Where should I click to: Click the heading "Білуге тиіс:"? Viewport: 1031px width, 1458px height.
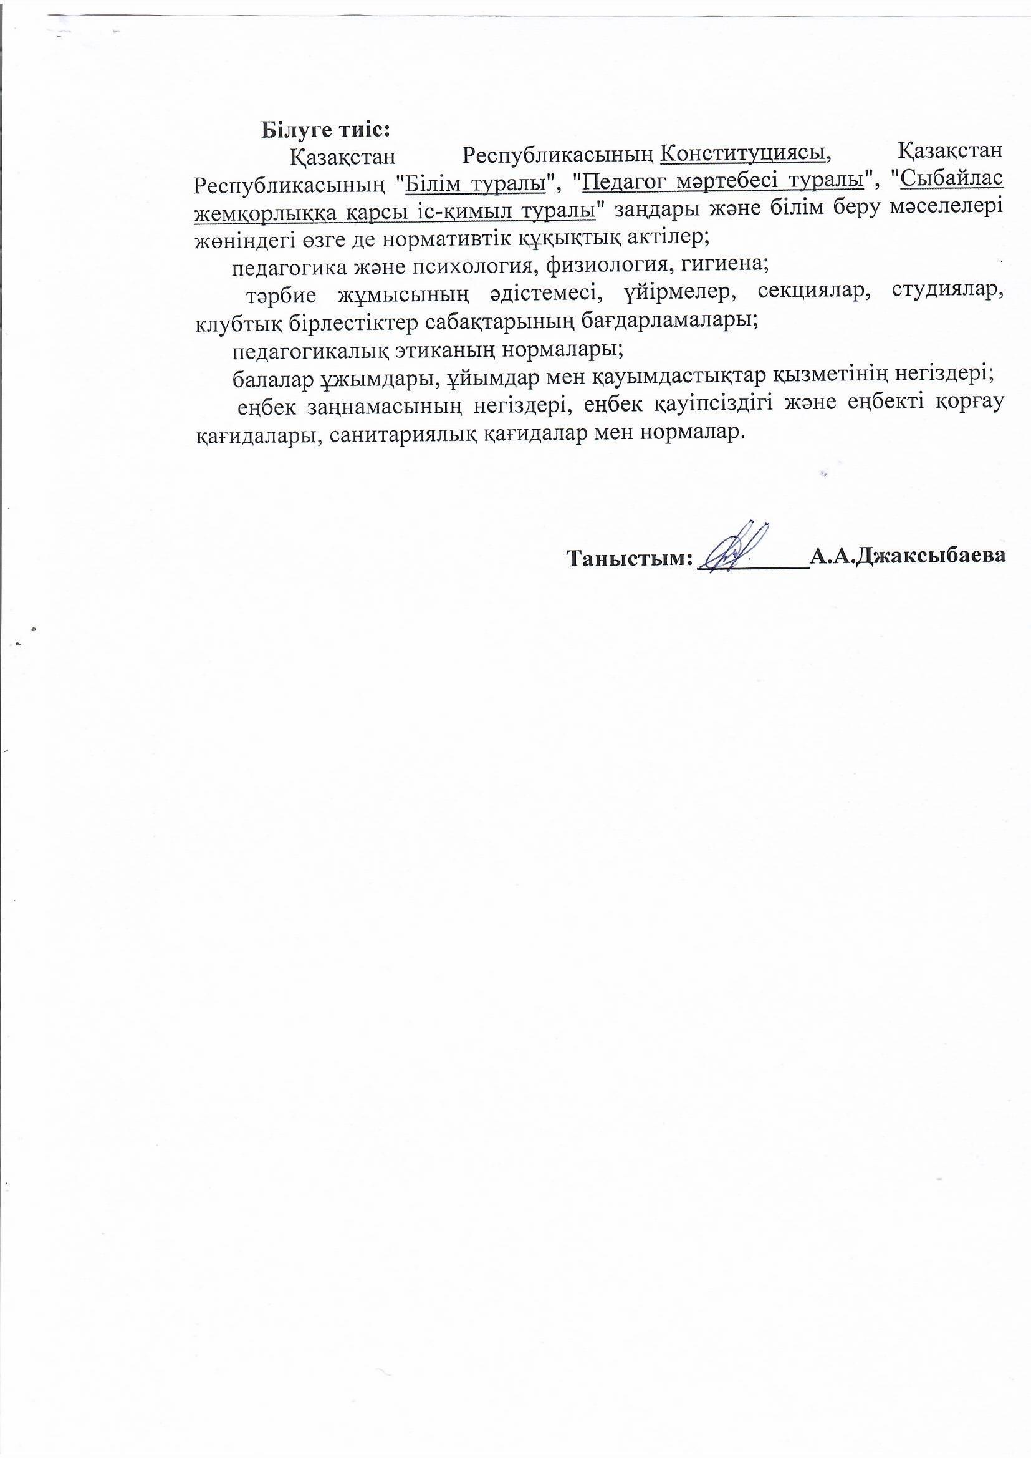pos(325,130)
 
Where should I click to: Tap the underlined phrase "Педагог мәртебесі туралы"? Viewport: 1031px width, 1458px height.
pos(724,181)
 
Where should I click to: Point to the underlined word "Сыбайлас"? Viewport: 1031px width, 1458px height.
pos(952,181)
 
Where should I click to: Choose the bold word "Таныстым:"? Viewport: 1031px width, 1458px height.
pos(628,558)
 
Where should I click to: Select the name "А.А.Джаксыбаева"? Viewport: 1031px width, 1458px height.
pos(908,557)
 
